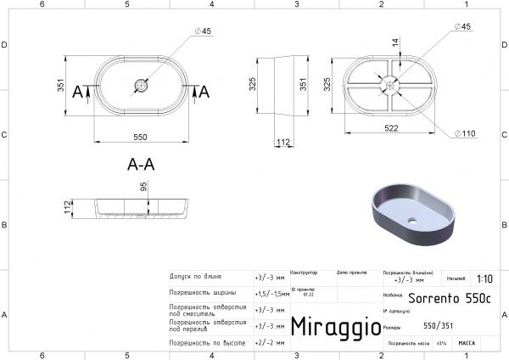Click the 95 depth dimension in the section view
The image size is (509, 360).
(x=144, y=187)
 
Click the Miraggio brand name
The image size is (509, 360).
(x=330, y=327)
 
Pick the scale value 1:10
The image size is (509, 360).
(x=484, y=278)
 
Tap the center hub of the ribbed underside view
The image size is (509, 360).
(x=391, y=84)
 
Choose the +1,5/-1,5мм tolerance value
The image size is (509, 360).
(x=271, y=291)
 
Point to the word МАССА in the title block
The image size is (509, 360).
(x=466, y=342)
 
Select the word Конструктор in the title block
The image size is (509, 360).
(x=304, y=273)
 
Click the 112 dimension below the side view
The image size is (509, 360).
(x=282, y=141)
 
